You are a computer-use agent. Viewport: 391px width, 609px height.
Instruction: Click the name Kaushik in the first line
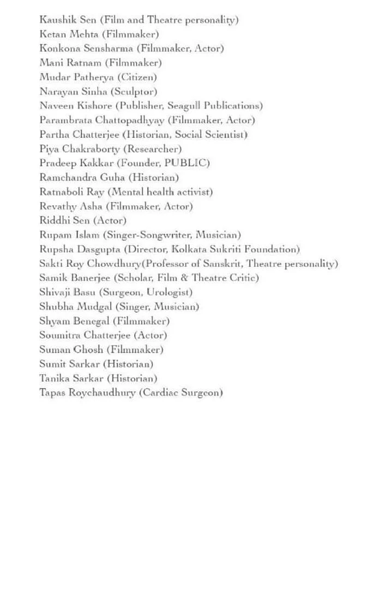(x=57, y=20)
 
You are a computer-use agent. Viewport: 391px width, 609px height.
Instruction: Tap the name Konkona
(x=59, y=48)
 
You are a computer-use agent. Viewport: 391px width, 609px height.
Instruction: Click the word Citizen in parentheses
(x=139, y=77)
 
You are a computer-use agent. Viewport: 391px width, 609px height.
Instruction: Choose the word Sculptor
(x=137, y=91)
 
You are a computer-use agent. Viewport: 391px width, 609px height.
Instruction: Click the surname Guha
(x=112, y=177)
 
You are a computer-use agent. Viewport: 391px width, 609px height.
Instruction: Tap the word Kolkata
(x=191, y=249)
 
